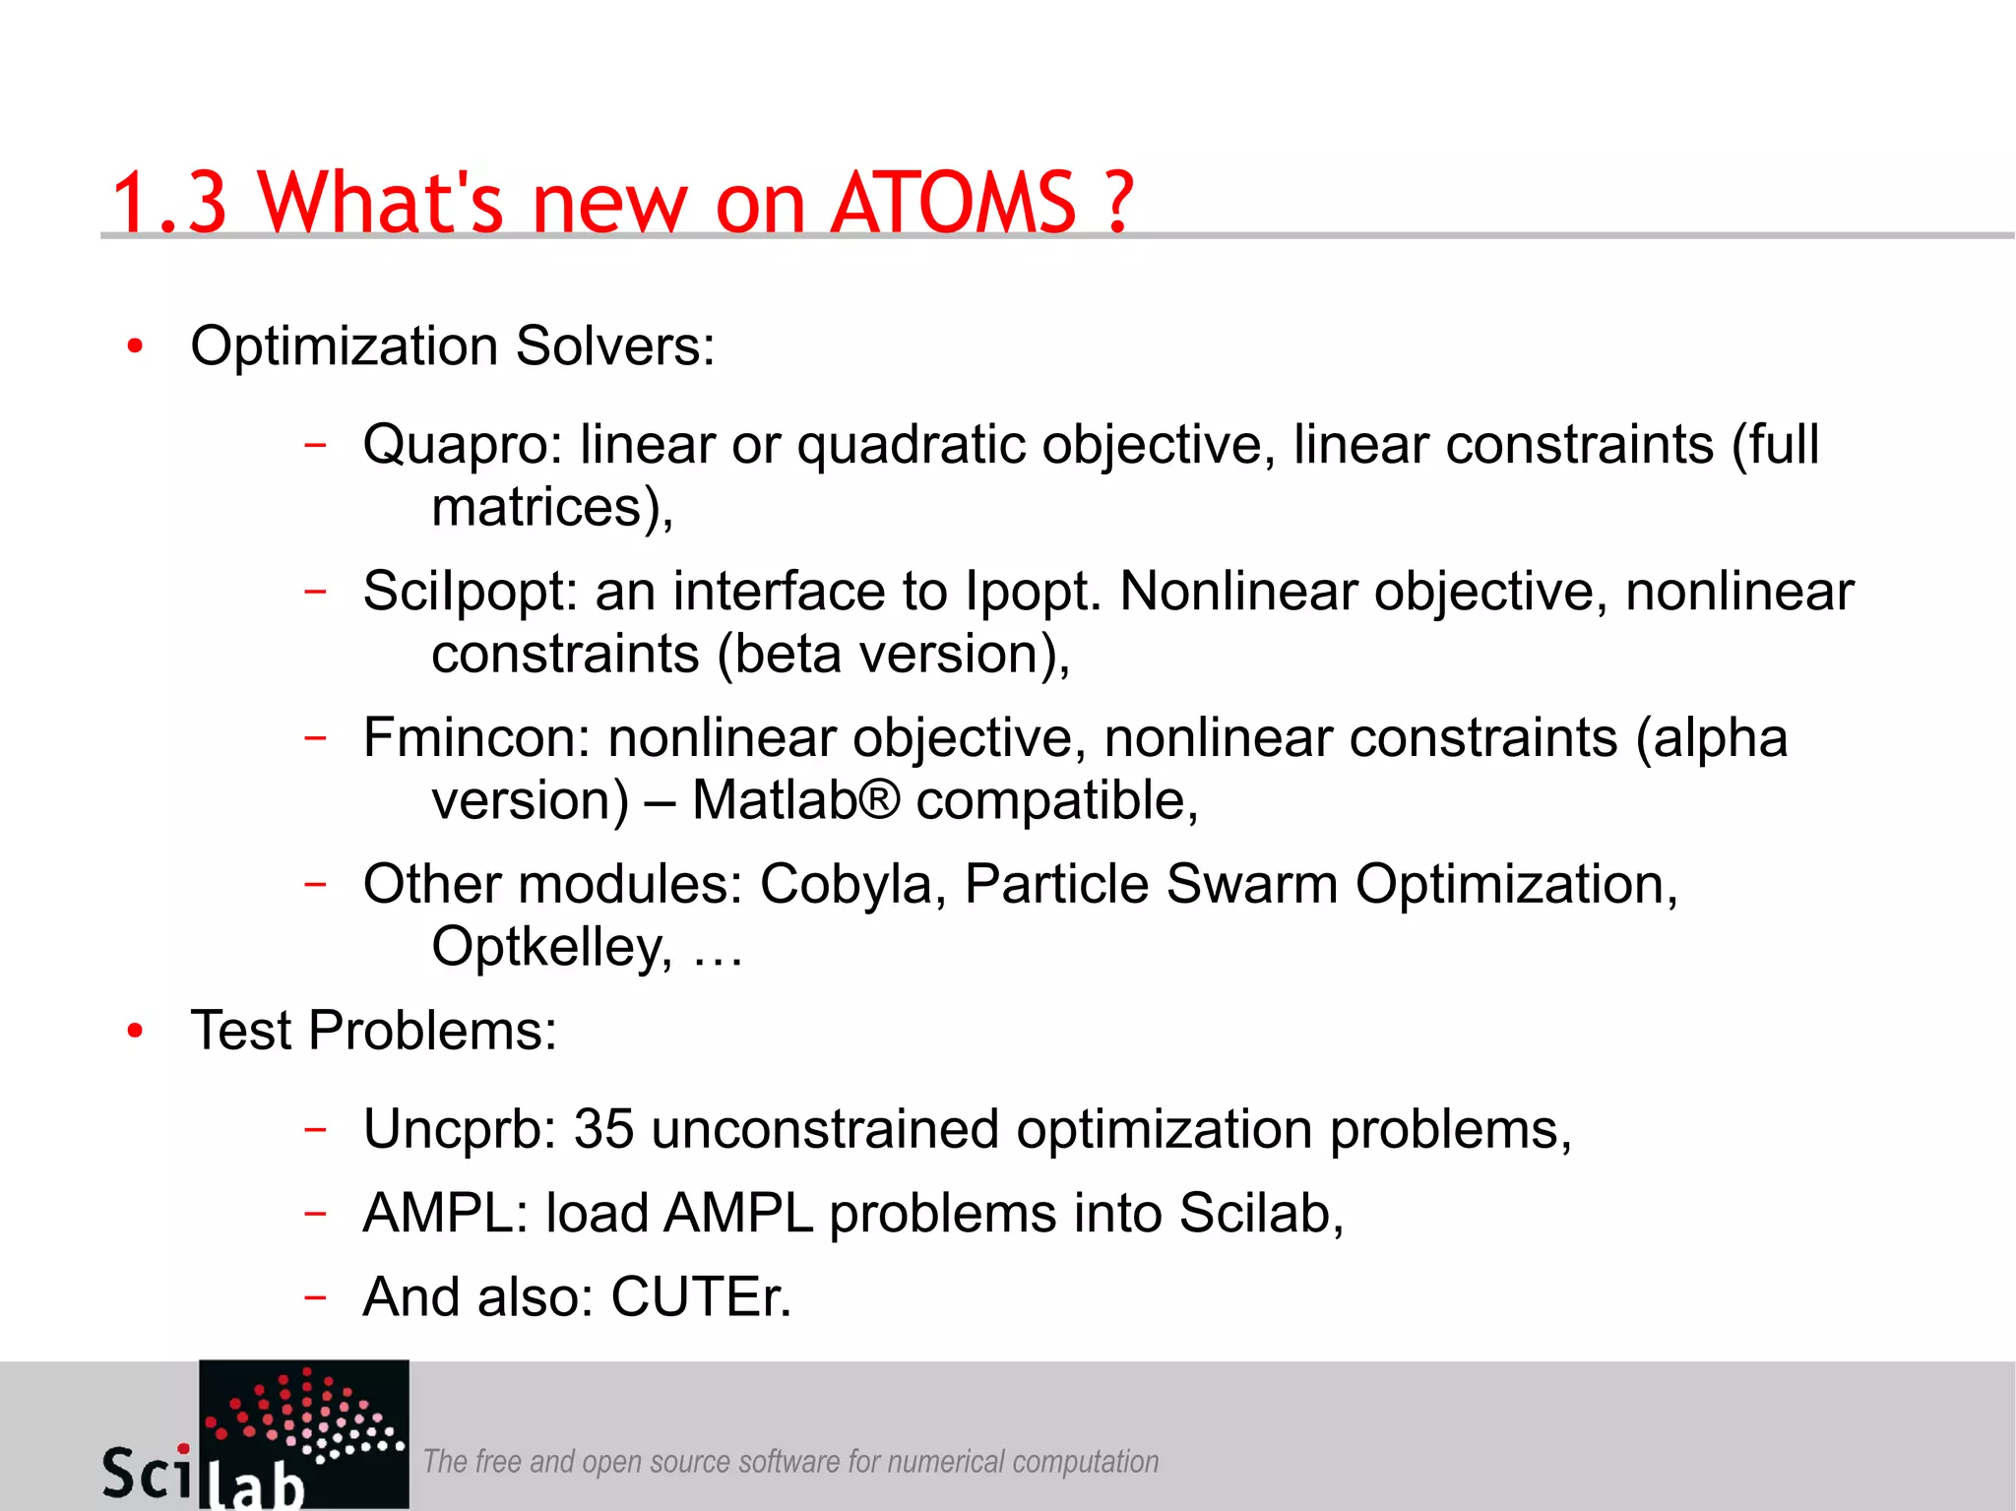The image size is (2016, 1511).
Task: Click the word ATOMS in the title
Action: tap(953, 203)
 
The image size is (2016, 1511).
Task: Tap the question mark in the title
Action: tap(1119, 203)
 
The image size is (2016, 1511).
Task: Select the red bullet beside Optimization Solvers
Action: tap(136, 346)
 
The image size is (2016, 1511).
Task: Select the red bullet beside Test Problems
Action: tap(136, 1031)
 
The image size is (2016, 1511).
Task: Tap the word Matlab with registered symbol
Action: tap(795, 799)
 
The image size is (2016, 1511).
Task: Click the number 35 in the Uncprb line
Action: tap(603, 1129)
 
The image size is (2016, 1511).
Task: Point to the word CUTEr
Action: tap(701, 1296)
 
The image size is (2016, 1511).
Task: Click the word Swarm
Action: tap(1251, 884)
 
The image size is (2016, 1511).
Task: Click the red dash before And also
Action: tap(315, 1296)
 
